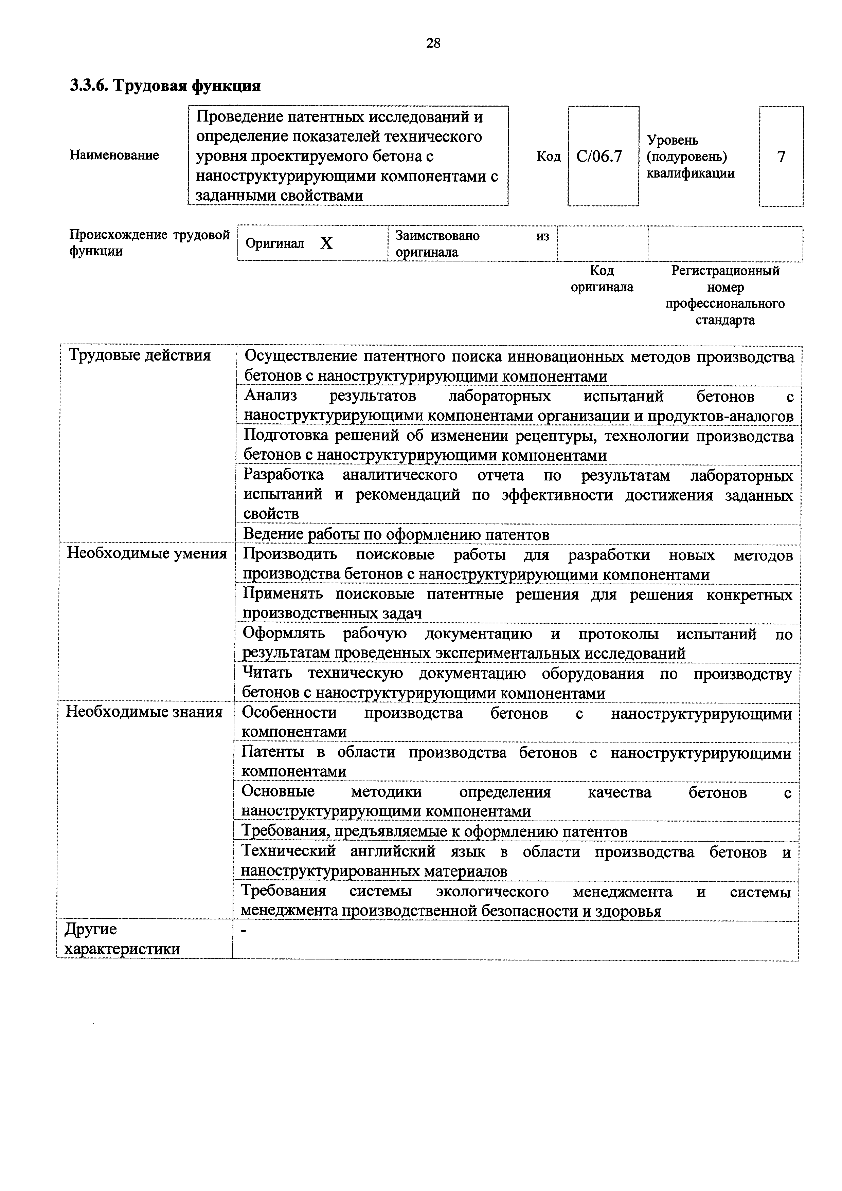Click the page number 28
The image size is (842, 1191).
pos(433,43)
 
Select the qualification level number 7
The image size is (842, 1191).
pos(781,157)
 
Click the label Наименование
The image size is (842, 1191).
pos(114,155)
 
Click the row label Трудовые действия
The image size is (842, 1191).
pos(140,356)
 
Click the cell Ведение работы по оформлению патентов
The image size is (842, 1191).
pos(396,534)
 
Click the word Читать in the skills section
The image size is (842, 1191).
pos(267,673)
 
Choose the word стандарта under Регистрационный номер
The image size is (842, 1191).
pos(725,320)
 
